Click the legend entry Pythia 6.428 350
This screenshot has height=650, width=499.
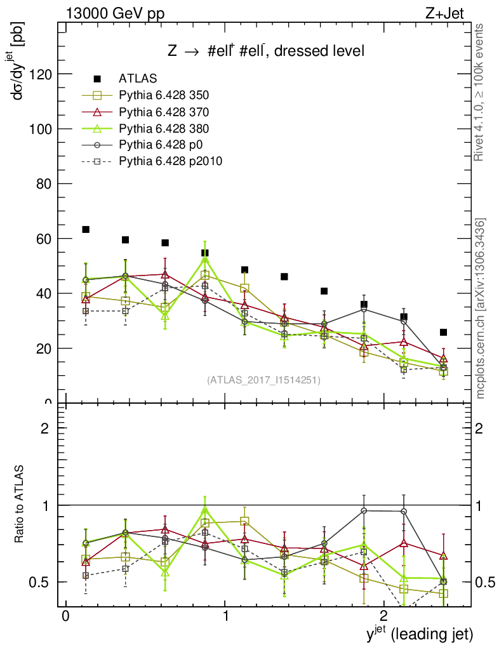[164, 95]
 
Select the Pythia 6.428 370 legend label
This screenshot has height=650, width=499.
[164, 112]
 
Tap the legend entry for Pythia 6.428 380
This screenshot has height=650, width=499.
[164, 128]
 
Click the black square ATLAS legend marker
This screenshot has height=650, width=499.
[97, 79]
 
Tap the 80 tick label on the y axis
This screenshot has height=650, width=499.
[43, 184]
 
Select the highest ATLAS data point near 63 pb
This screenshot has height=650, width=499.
[86, 229]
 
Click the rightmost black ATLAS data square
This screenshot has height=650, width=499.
[444, 332]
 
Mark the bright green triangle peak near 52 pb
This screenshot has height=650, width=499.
[204, 259]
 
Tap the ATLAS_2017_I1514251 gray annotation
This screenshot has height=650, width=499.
[263, 380]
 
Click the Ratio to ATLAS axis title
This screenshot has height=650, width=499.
[20, 503]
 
